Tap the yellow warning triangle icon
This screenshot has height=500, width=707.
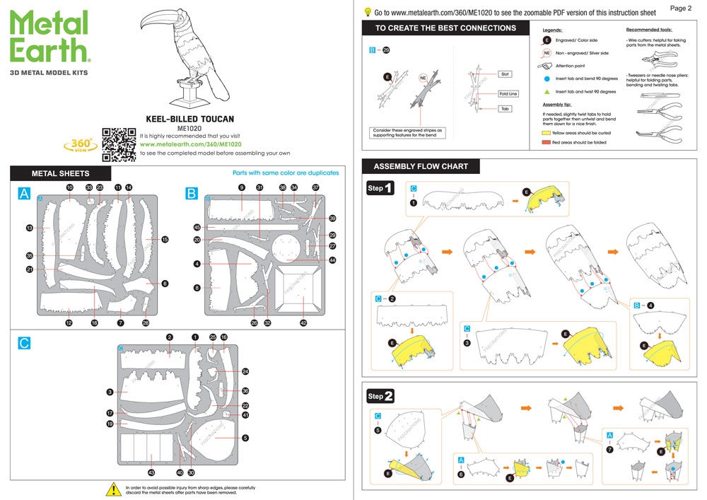point(112,489)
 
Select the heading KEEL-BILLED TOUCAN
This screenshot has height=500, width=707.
point(189,120)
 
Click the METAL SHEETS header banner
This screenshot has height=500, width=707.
point(61,173)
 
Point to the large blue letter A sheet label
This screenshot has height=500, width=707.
point(25,194)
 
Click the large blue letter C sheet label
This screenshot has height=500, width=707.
point(25,343)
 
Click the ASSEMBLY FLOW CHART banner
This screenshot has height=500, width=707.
point(421,167)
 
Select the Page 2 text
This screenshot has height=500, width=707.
point(680,8)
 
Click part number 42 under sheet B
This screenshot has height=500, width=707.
point(303,323)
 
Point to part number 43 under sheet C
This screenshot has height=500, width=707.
point(151,472)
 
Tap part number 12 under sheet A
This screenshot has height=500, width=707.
point(69,323)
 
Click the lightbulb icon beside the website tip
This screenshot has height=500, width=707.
point(368,12)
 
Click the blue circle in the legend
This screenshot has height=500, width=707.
point(547,79)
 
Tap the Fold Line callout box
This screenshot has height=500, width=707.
point(508,93)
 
